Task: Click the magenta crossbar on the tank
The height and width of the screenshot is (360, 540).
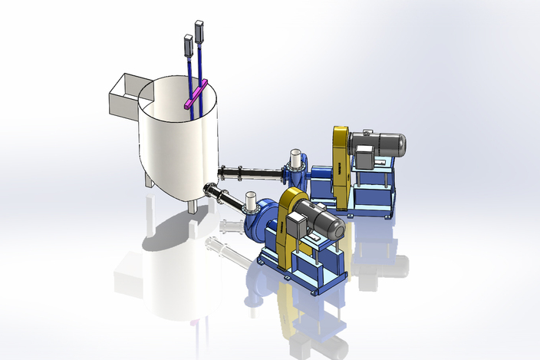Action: tap(195, 95)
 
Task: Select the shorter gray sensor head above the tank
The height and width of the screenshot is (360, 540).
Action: tap(187, 46)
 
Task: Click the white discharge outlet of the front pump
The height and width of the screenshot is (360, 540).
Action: tap(249, 202)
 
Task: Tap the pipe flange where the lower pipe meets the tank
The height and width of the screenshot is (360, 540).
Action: tap(208, 189)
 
